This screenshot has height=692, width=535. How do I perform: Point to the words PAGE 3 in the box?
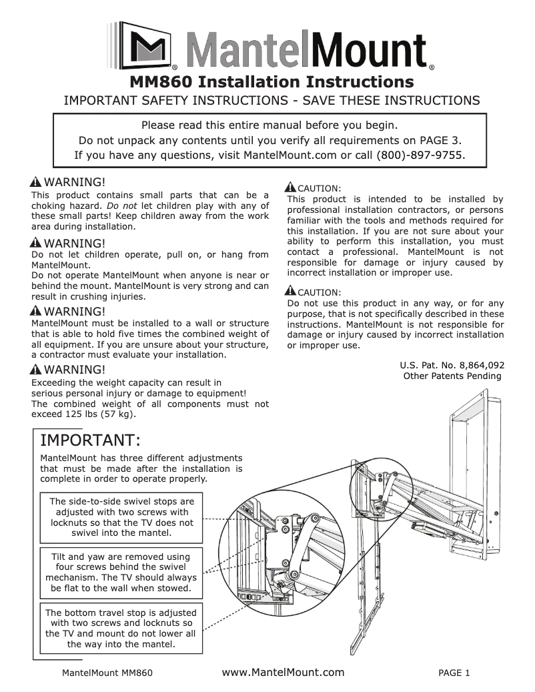pos(434,140)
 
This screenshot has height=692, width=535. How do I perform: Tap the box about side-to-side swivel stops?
pos(122,517)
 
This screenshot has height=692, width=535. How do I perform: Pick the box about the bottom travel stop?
pos(121,628)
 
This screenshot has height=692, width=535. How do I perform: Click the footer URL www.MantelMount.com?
pos(283,672)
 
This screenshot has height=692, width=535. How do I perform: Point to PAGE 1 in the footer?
pos(454,673)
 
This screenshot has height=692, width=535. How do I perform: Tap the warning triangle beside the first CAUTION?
pos(290,188)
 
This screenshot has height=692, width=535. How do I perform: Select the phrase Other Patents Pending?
pos(452,376)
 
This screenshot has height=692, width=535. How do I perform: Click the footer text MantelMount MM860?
pos(107,673)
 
